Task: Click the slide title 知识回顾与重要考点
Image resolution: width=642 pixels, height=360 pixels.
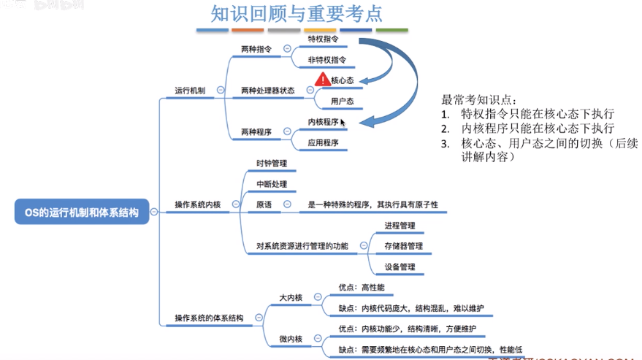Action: [x=297, y=14]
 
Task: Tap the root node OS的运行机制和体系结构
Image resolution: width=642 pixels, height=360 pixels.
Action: [x=81, y=212]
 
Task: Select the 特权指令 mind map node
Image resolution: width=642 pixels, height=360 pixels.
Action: [x=323, y=38]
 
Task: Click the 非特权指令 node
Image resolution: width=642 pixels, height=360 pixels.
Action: [x=326, y=60]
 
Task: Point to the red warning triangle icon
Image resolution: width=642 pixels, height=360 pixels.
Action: [x=322, y=80]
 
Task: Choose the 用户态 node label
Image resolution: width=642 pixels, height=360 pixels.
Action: [x=342, y=102]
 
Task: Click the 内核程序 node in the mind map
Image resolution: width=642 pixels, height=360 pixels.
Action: [x=323, y=122]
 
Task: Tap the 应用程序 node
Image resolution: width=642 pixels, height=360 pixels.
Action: [x=323, y=143]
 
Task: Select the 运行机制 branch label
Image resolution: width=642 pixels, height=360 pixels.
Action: [x=190, y=91]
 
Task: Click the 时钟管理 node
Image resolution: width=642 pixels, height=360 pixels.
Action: [x=272, y=163]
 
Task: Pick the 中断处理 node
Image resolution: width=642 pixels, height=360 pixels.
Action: [x=272, y=184]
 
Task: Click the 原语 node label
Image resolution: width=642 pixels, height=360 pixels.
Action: [x=264, y=205]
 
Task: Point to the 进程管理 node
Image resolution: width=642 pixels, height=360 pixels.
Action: [x=400, y=226]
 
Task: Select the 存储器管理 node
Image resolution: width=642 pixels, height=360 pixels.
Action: [x=403, y=246]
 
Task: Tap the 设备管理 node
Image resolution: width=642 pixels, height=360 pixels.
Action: [x=400, y=267]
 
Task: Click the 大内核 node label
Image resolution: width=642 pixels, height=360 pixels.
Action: [x=291, y=297]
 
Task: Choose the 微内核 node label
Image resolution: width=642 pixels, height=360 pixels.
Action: [x=291, y=339]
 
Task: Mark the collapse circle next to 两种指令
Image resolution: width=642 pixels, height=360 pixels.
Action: [x=287, y=49]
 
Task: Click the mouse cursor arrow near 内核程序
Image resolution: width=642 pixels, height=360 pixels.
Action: [x=343, y=123]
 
